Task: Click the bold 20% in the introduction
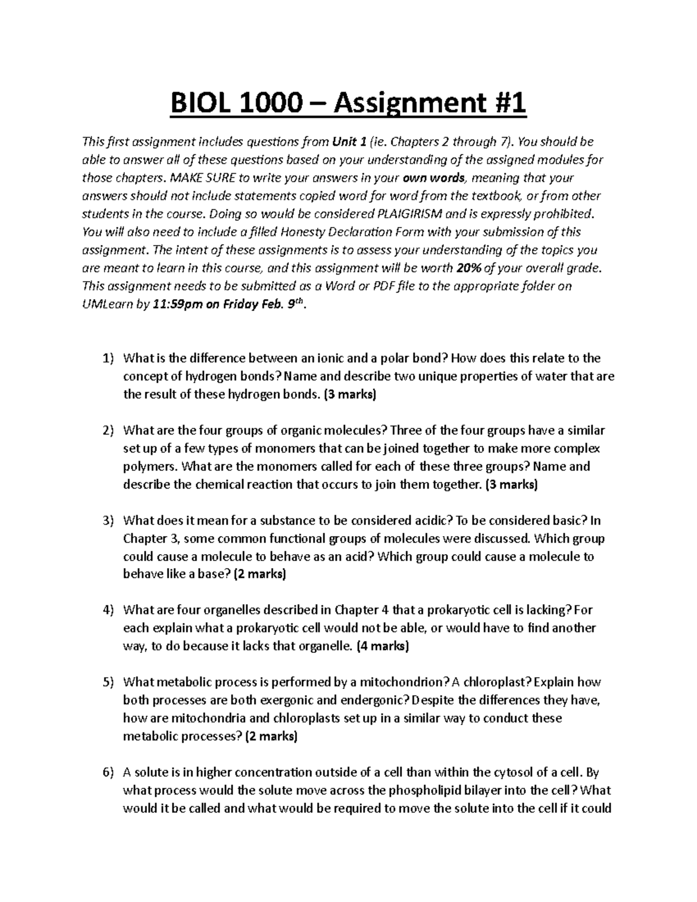coord(468,268)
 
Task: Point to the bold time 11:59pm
coord(177,304)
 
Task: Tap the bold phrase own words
coord(426,178)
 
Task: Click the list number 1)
coord(108,358)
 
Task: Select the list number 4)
coord(108,610)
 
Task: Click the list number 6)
coord(108,772)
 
